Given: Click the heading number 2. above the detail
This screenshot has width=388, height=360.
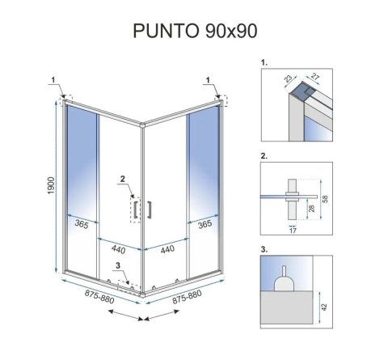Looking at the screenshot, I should (x=264, y=154).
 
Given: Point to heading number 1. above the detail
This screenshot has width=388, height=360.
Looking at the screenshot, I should (x=264, y=61).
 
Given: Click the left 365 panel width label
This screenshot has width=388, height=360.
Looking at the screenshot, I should (x=78, y=225).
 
